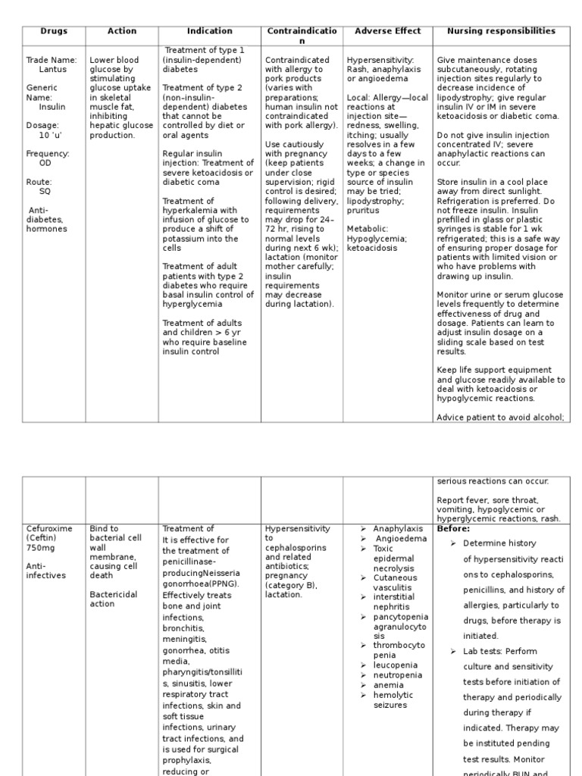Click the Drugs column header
[x=54, y=31]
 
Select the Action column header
[x=122, y=31]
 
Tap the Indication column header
[x=210, y=31]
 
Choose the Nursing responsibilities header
[x=501, y=31]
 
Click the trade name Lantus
[x=53, y=69]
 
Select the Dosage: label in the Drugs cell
[x=42, y=125]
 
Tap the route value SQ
[x=45, y=191]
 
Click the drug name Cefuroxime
[x=51, y=528]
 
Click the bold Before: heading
[x=453, y=528]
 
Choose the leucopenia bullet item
[x=396, y=665]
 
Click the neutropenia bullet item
[x=397, y=674]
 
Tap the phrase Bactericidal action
[x=114, y=599]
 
